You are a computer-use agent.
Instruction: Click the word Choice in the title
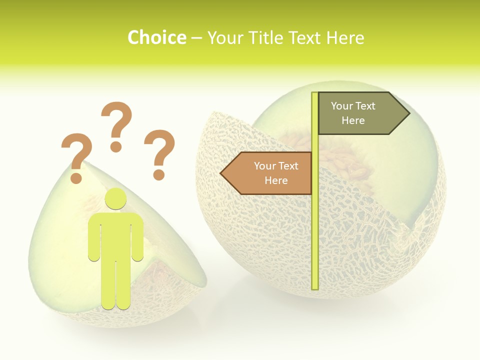pos(156,37)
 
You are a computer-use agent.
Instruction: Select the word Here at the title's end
pos(345,37)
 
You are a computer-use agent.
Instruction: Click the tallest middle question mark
pos(116,125)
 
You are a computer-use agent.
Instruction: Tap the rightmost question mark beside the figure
pos(159,152)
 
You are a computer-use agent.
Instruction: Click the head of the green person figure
pos(116,198)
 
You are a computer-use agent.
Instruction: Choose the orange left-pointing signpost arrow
pos(267,173)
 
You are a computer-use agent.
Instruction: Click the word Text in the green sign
pos(365,106)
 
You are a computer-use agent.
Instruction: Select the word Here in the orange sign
pos(276,180)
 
